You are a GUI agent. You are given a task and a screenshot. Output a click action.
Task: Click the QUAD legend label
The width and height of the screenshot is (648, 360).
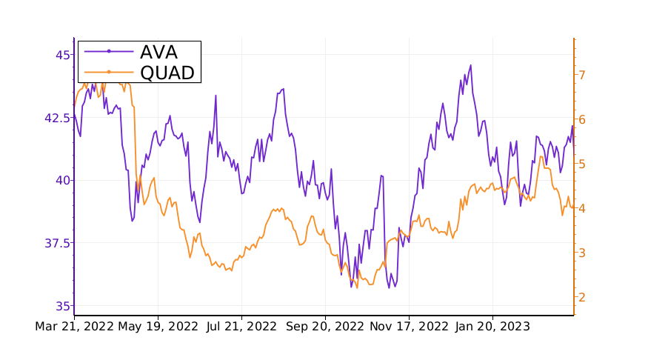point(167,72)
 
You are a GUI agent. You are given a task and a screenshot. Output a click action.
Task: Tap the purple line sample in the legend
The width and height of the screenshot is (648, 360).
point(109,51)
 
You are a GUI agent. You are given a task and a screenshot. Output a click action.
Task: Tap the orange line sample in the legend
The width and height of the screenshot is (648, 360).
point(109,72)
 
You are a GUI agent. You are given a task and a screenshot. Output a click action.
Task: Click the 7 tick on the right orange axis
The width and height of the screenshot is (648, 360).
point(583,75)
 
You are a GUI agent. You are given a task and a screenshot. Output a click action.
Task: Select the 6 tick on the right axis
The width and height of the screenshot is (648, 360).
point(583,119)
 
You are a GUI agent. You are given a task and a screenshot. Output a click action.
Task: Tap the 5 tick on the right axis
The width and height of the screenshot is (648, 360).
point(583,164)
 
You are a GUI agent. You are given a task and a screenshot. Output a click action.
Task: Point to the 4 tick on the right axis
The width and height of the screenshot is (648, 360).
point(583,208)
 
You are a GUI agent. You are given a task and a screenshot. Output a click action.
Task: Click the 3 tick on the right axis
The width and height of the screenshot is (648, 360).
point(583,253)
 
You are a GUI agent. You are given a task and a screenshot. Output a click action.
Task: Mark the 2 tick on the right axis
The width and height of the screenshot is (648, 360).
point(583,297)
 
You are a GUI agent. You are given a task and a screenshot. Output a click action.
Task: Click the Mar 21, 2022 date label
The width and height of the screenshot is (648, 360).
point(74,327)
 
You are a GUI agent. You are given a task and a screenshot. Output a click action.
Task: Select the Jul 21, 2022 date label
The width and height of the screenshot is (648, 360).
point(241,327)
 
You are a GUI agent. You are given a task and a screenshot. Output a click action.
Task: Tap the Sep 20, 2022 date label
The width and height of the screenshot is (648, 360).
point(325,327)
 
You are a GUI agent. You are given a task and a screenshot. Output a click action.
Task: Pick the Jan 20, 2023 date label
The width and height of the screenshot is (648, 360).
point(492,327)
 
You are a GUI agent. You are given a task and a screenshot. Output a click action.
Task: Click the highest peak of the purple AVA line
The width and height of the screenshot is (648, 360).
point(470,65)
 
